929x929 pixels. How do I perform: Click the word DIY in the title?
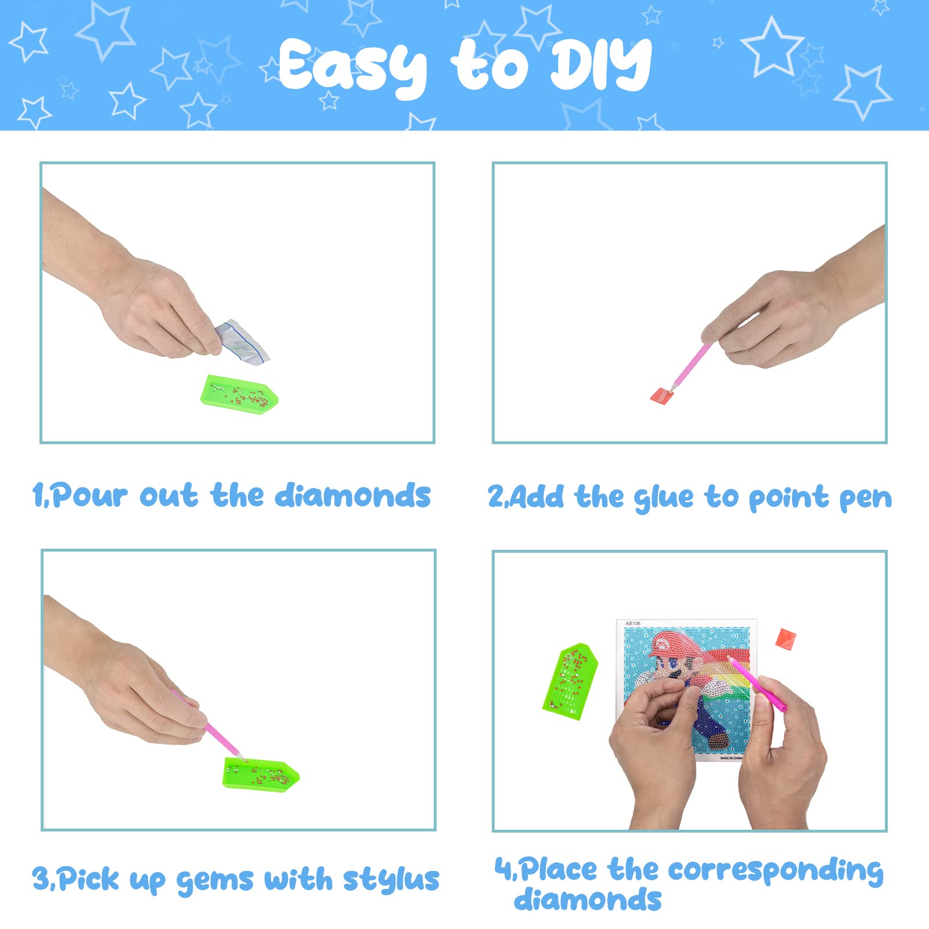tap(601, 64)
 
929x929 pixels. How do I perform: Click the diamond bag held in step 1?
tap(242, 342)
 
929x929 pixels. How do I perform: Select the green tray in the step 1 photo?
tap(239, 394)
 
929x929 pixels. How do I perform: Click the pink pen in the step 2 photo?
tap(690, 367)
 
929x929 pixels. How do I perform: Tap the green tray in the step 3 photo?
tap(261, 773)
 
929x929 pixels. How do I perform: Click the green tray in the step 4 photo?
tap(570, 680)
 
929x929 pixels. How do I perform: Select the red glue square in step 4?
tap(785, 639)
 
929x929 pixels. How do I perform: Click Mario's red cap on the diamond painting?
tap(674, 644)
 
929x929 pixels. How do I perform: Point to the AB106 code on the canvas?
tap(633, 624)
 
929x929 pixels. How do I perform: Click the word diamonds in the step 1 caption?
tap(352, 496)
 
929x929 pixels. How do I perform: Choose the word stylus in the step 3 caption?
tap(391, 880)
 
